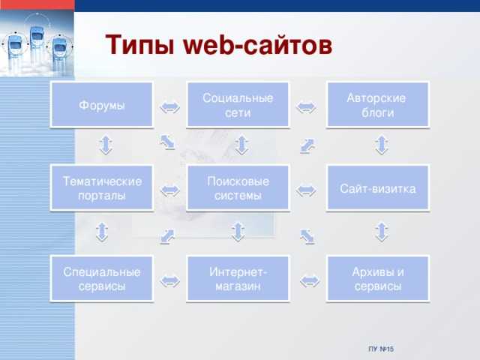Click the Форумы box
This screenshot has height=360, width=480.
[102, 105]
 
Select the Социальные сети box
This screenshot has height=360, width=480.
[238, 105]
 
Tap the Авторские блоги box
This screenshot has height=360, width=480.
[378, 105]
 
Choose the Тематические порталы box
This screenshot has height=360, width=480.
[102, 188]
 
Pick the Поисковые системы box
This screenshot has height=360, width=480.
[238, 188]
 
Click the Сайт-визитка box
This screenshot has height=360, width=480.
[378, 188]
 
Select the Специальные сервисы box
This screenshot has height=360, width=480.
[102, 278]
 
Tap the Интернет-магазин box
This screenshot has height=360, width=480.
[238, 278]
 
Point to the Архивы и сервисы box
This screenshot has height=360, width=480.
[378, 278]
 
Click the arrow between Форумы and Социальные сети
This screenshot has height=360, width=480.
[170, 107]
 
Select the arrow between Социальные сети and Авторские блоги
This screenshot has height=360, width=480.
[306, 107]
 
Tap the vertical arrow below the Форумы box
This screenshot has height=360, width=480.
[106, 145]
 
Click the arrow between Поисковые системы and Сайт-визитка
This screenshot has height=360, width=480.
[306, 190]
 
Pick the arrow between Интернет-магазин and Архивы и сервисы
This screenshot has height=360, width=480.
[310, 281]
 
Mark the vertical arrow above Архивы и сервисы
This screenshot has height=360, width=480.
[382, 232]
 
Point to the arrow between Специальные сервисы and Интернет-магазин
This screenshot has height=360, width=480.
[170, 281]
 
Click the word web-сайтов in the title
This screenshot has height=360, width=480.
[258, 45]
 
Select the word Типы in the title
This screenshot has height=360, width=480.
[140, 45]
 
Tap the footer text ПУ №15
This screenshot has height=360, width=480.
[382, 349]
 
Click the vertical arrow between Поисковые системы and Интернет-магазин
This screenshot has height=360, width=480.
[238, 232]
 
